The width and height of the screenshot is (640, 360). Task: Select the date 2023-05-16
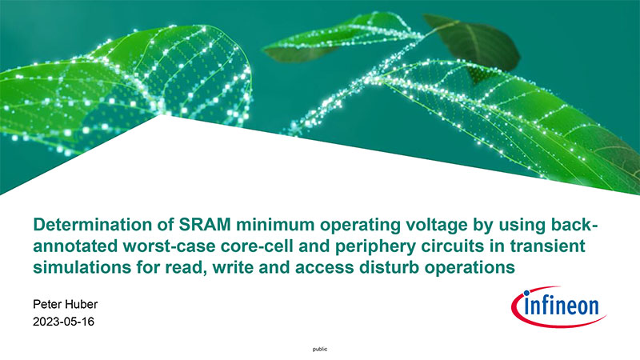64,322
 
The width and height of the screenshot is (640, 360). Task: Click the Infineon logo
558,306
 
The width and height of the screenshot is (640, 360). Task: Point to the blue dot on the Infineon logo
526,293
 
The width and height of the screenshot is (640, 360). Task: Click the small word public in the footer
320,350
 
